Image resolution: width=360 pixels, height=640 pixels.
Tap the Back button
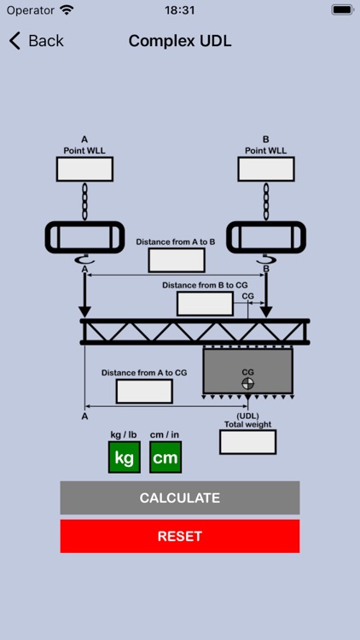pyautogui.click(x=36, y=41)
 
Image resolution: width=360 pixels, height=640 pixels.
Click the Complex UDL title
pyautogui.click(x=180, y=41)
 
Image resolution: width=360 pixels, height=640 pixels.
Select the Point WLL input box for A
pyautogui.click(x=84, y=169)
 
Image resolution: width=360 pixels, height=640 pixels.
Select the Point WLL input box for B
pyautogui.click(x=266, y=169)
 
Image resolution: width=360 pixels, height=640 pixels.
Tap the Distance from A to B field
pyautogui.click(x=177, y=260)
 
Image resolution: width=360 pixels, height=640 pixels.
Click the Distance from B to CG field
pyautogui.click(x=205, y=304)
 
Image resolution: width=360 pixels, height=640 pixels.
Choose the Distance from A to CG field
pyautogui.click(x=144, y=391)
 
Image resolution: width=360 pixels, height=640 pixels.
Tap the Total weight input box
pyautogui.click(x=247, y=442)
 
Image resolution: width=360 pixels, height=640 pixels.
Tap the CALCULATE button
pyautogui.click(x=180, y=497)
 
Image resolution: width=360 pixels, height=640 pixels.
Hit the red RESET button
pyautogui.click(x=180, y=536)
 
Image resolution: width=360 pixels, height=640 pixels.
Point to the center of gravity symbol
pyautogui.click(x=247, y=383)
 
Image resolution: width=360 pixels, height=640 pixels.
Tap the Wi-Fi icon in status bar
pyautogui.click(x=67, y=10)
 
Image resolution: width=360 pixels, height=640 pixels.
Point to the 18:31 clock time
pyautogui.click(x=180, y=10)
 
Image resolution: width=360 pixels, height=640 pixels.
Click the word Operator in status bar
pyautogui.click(x=30, y=10)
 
